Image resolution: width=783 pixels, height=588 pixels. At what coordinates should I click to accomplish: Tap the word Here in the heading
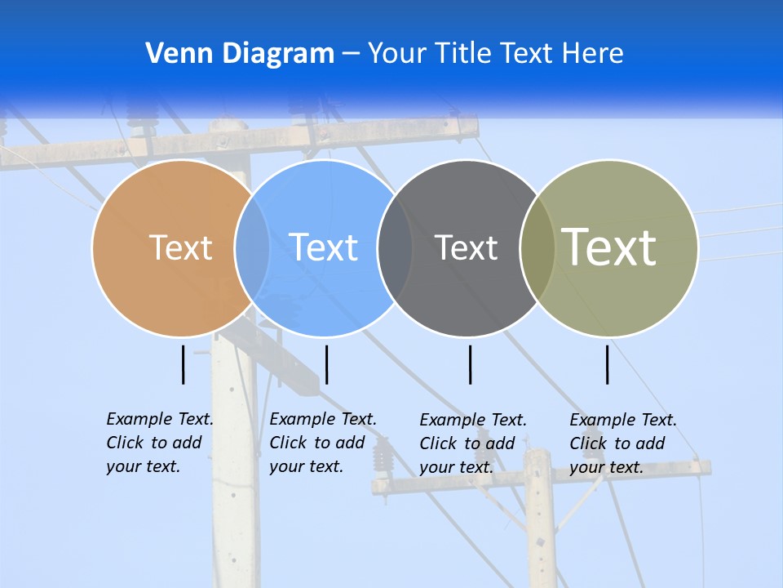[x=593, y=54]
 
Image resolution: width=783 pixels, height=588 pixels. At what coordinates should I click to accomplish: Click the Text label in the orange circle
[x=180, y=247]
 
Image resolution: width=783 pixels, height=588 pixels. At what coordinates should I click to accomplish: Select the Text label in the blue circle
[x=323, y=247]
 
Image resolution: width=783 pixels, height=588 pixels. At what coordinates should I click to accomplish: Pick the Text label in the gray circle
[x=466, y=247]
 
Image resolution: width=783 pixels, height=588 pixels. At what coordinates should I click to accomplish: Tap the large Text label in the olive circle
[x=609, y=247]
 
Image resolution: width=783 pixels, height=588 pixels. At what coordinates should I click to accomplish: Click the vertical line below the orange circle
[x=184, y=364]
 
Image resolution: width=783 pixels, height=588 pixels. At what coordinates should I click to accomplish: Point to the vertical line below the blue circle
[x=326, y=364]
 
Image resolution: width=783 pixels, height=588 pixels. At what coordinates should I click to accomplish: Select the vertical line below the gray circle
[x=471, y=364]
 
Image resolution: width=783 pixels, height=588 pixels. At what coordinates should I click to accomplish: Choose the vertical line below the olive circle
[x=608, y=364]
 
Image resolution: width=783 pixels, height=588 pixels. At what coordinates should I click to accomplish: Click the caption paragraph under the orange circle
[x=159, y=443]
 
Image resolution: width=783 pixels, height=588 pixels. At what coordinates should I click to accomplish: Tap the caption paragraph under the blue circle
[x=322, y=443]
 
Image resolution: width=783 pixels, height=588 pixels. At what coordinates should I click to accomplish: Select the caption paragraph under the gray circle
[x=472, y=443]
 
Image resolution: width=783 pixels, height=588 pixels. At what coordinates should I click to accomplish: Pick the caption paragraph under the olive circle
[x=622, y=443]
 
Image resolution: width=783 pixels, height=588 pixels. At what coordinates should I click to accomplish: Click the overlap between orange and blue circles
[x=252, y=247]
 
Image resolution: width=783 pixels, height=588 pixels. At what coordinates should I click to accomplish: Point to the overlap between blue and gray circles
[x=395, y=247]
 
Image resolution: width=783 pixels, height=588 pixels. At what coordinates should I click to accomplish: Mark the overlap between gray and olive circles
[x=537, y=247]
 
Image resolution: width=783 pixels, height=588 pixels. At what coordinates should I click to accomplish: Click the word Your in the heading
[x=397, y=54]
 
